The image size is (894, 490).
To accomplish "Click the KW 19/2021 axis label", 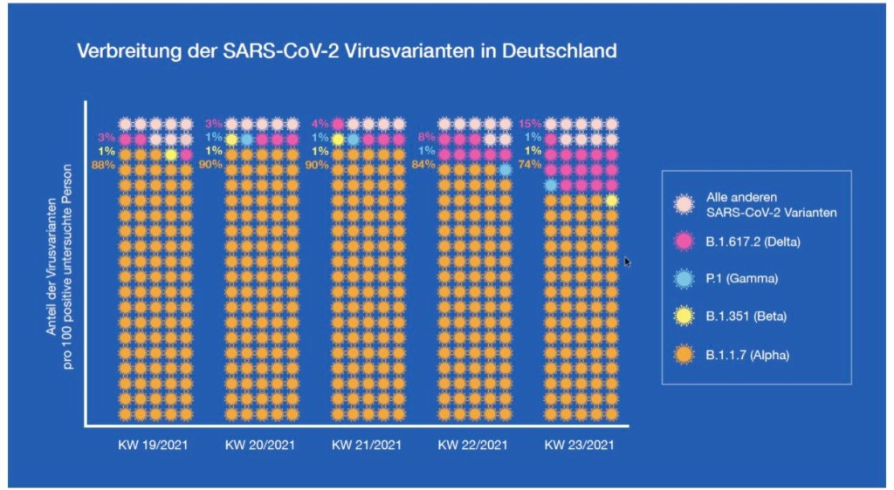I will tap(154, 445).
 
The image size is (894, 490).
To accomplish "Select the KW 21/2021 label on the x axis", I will tap(367, 445).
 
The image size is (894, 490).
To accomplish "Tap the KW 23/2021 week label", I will tap(580, 445).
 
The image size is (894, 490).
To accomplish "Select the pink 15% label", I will tap(530, 123).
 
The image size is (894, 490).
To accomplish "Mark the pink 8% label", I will tap(427, 138).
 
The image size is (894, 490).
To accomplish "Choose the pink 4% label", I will tap(320, 123).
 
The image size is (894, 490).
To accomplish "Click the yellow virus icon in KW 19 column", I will tap(170, 154).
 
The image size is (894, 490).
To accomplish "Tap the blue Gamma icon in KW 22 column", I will tap(505, 169).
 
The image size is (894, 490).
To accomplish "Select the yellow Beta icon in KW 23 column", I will tap(612, 201).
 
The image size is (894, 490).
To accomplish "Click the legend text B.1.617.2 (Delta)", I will tap(753, 242).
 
